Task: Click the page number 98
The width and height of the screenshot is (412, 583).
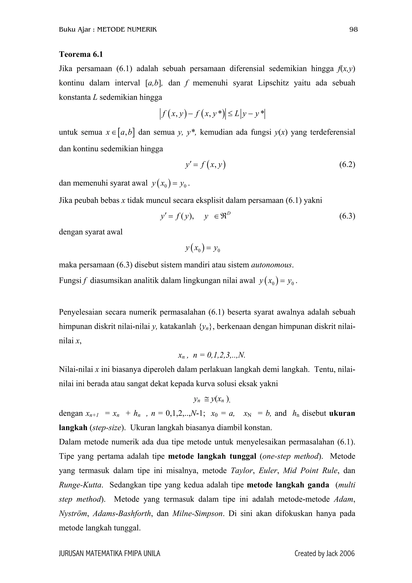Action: click(353, 30)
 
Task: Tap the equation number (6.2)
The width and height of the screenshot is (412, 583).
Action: click(347, 165)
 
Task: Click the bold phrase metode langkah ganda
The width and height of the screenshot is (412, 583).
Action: click(288, 485)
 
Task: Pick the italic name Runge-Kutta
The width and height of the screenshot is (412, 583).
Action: click(81, 485)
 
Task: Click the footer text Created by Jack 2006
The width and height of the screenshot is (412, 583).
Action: click(324, 560)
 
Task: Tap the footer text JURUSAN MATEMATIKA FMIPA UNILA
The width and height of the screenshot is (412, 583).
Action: click(109, 560)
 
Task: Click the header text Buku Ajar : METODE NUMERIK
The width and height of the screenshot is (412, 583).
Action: click(108, 30)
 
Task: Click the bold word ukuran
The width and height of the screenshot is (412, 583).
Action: click(342, 413)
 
